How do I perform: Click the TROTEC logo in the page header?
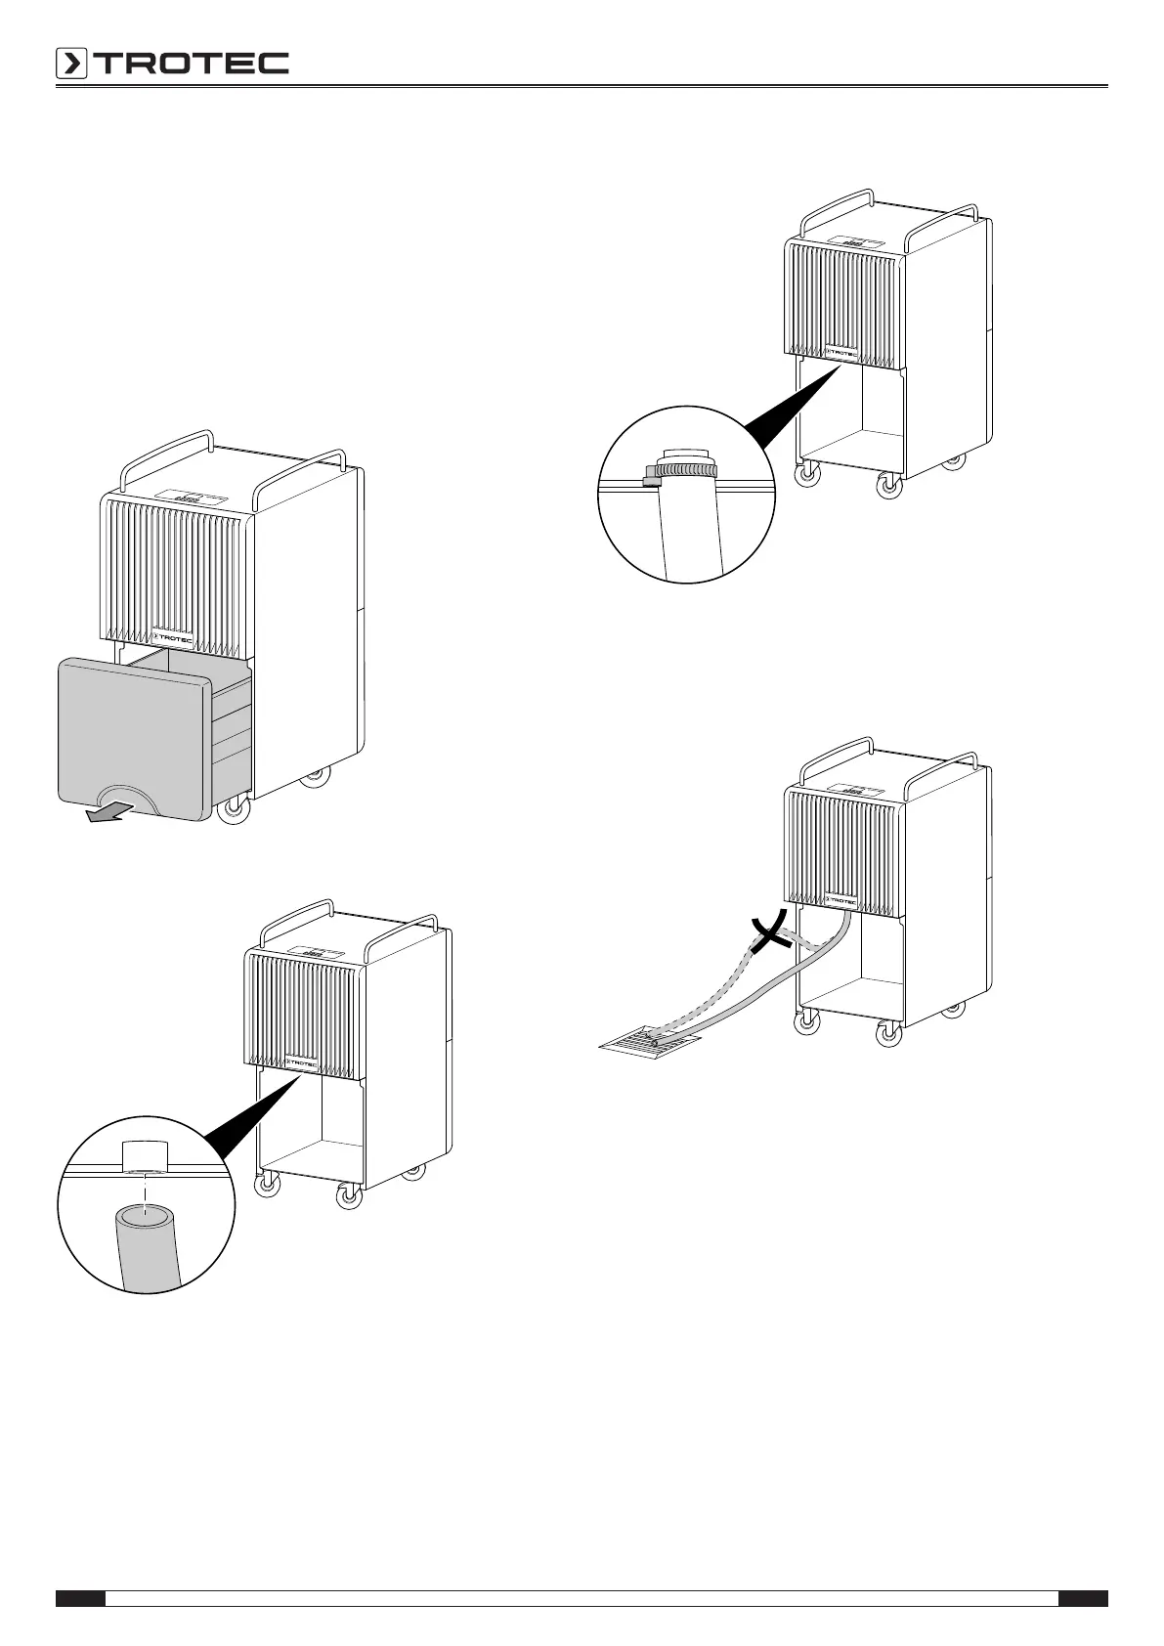click(x=172, y=64)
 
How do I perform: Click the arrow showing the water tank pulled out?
click(x=105, y=813)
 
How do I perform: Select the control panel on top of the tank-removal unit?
click(x=187, y=497)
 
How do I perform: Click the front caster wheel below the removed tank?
click(x=233, y=810)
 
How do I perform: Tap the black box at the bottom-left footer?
click(x=80, y=1599)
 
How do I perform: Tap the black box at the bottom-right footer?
click(x=1083, y=1599)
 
